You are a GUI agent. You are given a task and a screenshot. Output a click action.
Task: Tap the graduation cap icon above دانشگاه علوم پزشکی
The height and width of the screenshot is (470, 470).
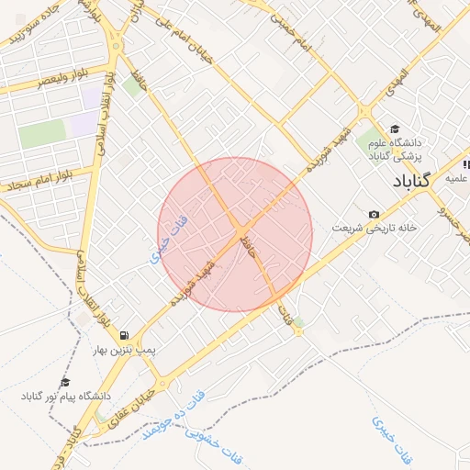[395, 129]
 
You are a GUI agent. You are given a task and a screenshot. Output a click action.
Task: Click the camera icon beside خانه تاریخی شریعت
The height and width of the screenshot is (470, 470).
[373, 215]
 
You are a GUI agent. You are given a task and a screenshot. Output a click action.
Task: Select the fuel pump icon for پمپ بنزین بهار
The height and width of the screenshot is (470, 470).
[124, 336]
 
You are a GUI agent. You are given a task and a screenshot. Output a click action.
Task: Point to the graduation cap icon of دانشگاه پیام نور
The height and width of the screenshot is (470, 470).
[65, 382]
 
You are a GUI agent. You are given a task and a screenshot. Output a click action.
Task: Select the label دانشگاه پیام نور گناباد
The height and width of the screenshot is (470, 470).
[65, 396]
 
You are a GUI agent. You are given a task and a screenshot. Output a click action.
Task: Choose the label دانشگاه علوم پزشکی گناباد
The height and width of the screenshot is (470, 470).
[394, 150]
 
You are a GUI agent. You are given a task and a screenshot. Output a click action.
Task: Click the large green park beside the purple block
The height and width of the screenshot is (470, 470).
[42, 134]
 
